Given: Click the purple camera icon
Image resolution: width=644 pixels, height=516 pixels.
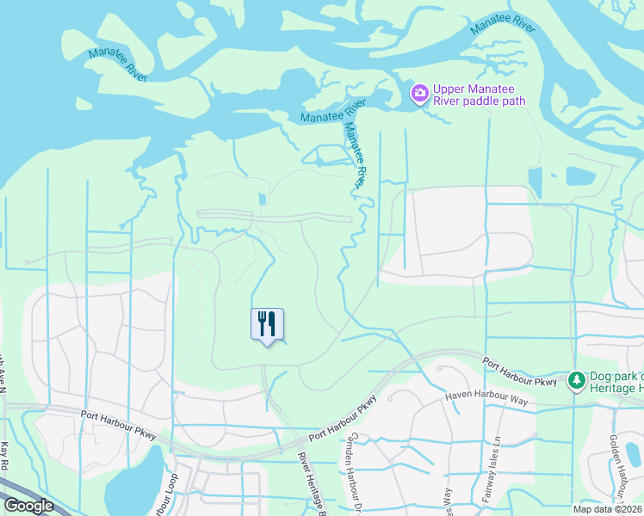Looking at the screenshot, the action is click(x=419, y=93).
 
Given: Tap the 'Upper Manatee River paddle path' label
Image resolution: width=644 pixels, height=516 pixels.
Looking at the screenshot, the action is click(x=480, y=95).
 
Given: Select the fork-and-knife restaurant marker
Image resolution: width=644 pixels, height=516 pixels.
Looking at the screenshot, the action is click(x=267, y=324).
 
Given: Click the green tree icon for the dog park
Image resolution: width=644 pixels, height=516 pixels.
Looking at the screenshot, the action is click(x=576, y=379).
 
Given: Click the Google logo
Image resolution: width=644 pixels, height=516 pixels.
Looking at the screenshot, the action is click(x=28, y=506).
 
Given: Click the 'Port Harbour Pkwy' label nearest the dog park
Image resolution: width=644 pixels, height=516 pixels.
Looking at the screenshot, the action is click(x=519, y=371).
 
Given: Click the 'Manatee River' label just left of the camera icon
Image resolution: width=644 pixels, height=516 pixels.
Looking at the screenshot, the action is click(x=332, y=110).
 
